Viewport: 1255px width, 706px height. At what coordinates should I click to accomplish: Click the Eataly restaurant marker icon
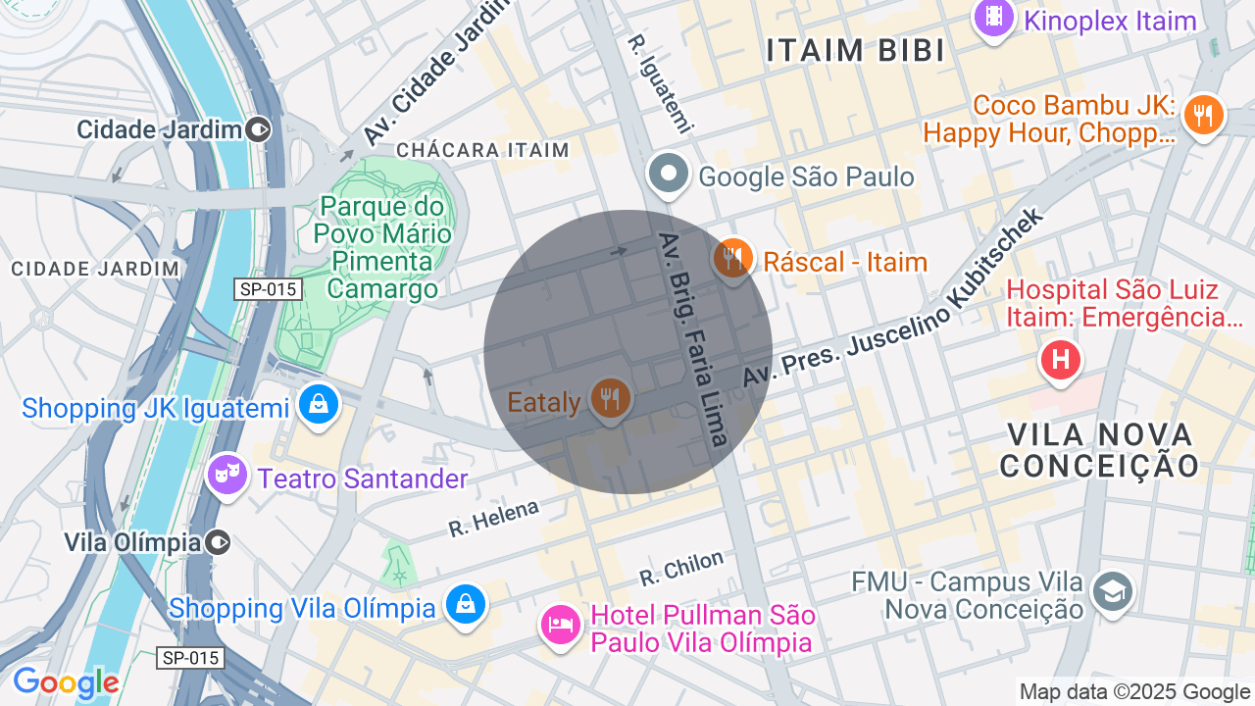(x=610, y=398)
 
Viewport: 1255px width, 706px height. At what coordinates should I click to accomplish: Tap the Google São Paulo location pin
(x=669, y=175)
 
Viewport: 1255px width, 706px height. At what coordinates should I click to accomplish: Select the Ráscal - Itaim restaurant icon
(x=733, y=259)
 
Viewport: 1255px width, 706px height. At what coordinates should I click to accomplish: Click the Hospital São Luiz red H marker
(x=1060, y=359)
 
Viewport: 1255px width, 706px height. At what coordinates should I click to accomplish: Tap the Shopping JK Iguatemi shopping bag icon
(x=319, y=403)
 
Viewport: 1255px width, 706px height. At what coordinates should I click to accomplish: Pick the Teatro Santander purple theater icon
(x=227, y=476)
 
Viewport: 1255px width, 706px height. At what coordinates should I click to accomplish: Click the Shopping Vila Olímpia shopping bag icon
(x=466, y=604)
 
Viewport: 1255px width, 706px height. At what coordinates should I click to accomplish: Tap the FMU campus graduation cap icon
(x=1113, y=591)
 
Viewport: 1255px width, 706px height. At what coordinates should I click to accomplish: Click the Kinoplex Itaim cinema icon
(x=995, y=17)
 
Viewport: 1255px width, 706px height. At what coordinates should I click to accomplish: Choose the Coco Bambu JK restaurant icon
(x=1202, y=115)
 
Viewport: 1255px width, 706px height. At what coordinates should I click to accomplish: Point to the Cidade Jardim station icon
(x=259, y=128)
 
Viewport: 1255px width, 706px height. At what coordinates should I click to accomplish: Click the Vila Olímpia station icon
(x=219, y=542)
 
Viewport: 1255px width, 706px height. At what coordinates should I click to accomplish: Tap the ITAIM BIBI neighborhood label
(x=856, y=51)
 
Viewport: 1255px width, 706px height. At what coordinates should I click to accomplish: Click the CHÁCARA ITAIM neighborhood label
(x=482, y=150)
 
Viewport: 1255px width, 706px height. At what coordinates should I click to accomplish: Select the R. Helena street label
(x=494, y=518)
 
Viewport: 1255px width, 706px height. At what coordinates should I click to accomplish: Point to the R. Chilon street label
(x=681, y=568)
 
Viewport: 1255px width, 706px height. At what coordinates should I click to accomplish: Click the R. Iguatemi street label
(x=661, y=82)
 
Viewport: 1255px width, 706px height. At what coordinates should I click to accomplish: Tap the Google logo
(x=65, y=682)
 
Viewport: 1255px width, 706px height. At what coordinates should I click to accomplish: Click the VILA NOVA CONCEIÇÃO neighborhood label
(x=1099, y=449)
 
